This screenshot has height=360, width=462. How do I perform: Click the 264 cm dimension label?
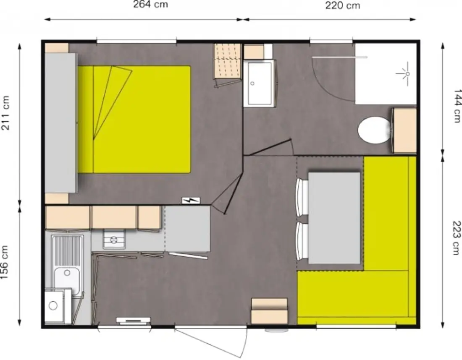pos(150,5)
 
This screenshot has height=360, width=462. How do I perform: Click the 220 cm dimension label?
pos(343,5)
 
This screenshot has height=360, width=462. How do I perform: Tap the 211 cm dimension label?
pos(5,113)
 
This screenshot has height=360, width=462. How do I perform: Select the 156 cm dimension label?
pos(5,262)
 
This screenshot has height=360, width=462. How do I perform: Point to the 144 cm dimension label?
pos(457,106)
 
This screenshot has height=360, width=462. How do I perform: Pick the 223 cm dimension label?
pos(456,238)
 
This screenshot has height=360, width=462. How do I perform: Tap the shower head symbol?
pos(404,73)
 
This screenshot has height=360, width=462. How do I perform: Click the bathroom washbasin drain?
pos(252,83)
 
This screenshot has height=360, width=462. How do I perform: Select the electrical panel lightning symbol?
pos(191,201)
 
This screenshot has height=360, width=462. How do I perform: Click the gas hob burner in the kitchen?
pos(114,240)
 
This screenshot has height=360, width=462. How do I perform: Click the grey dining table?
pos(334,218)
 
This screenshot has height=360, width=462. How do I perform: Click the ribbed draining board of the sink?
pos(68,251)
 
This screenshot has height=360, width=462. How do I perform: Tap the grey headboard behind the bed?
pos(61,123)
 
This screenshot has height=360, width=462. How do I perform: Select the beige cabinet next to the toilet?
pos(405,130)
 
